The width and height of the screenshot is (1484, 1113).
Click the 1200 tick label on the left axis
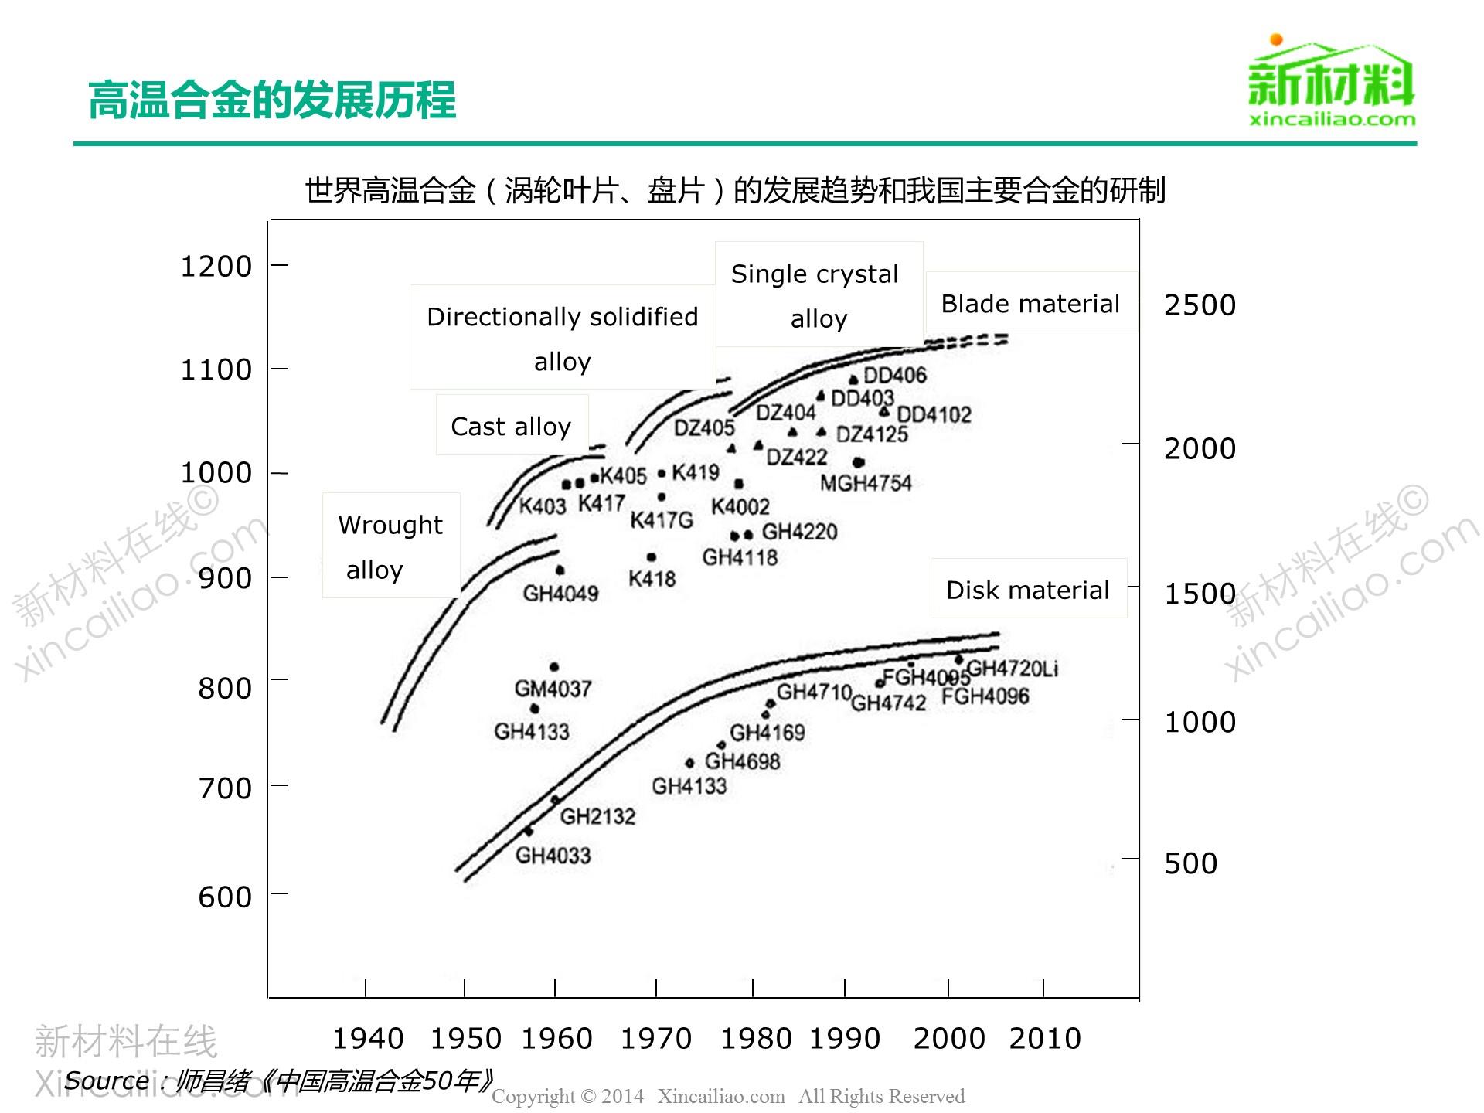tap(216, 267)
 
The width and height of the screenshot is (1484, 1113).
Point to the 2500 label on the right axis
tap(1200, 305)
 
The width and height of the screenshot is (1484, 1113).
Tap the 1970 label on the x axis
tap(655, 1038)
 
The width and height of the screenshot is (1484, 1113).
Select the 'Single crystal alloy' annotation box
tap(819, 295)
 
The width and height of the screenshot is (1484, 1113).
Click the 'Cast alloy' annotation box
tap(511, 426)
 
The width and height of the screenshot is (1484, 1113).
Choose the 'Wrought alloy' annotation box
tap(390, 546)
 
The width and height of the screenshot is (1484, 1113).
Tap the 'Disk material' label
tap(1027, 590)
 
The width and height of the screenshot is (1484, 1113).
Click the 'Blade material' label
tap(1030, 304)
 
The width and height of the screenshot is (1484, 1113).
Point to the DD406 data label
tap(894, 376)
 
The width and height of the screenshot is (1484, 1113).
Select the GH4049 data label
tap(560, 594)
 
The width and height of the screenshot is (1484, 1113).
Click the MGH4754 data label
tap(866, 484)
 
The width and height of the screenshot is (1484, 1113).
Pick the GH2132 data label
tap(597, 816)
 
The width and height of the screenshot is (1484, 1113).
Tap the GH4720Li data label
tap(1012, 669)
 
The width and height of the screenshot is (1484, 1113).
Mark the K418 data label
tap(652, 579)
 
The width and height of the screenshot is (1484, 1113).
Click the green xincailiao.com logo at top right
tap(1331, 81)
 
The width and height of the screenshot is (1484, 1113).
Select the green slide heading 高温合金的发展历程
tap(272, 100)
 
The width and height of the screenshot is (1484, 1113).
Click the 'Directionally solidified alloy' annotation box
tap(562, 338)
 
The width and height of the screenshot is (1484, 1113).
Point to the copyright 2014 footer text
tap(728, 1096)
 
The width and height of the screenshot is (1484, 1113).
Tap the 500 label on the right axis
tap(1190, 863)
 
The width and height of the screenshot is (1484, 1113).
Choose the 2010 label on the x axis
tap(1044, 1038)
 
